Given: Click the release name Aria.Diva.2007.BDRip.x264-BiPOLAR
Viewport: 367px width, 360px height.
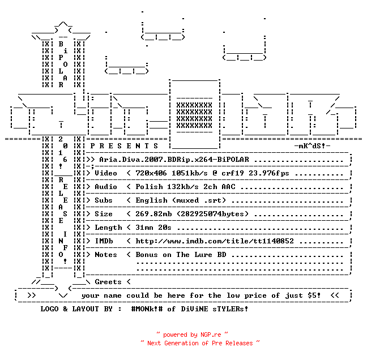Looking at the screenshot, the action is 174,160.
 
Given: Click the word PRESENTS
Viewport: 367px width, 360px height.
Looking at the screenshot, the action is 124,146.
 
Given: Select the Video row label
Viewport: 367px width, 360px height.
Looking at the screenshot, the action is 106,173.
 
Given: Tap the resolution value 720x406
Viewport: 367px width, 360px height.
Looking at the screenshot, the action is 151,173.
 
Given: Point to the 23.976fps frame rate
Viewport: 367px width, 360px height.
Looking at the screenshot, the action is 268,173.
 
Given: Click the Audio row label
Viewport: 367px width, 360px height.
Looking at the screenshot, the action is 106,187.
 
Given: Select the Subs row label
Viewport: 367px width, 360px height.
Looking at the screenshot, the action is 104,200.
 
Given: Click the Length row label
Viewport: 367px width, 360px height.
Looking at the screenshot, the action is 108,228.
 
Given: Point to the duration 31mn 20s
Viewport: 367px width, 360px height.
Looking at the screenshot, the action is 153,228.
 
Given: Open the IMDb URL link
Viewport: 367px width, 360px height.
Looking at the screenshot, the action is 215,241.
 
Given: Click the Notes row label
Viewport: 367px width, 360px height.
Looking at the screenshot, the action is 106,255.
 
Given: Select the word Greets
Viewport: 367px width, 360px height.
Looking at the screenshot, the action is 108,282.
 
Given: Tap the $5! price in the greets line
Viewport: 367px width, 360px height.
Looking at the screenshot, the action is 314,295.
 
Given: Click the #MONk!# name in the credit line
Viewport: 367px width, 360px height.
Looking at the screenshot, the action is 147,308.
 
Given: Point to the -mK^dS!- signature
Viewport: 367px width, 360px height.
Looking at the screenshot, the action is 312,146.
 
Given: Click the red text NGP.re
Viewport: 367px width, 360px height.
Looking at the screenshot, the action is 211,335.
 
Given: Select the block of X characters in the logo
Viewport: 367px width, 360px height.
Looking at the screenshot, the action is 194,115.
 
